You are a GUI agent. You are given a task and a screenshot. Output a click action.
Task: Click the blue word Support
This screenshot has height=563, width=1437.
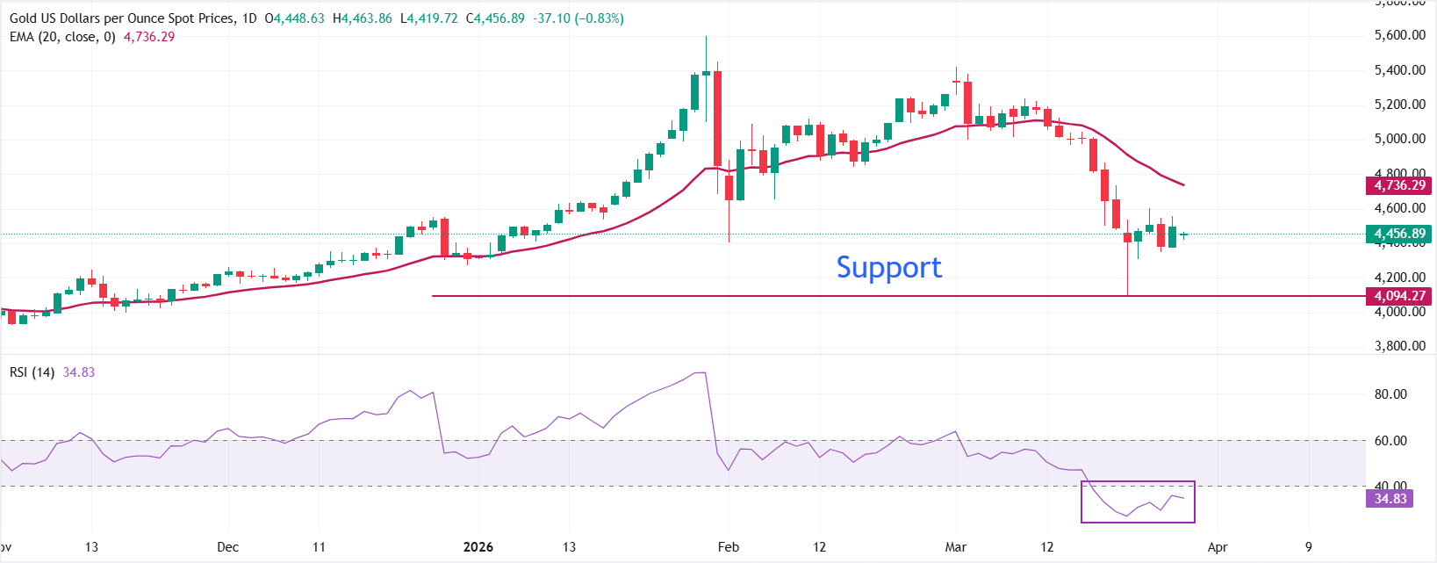[x=888, y=267]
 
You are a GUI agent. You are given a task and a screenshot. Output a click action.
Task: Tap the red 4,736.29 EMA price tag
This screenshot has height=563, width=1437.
[x=1399, y=185]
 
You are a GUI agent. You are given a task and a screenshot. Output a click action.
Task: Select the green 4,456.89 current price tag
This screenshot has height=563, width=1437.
[x=1399, y=234]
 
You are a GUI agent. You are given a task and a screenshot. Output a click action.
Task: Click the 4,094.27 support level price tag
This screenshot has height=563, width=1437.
[x=1399, y=296]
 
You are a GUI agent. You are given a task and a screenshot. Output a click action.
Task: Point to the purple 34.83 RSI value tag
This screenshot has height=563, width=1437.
[x=1390, y=499]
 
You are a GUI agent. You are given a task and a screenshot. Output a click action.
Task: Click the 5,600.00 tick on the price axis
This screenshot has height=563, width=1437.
[x=1399, y=35]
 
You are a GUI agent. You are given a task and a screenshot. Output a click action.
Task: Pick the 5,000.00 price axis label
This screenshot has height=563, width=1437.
[x=1399, y=139]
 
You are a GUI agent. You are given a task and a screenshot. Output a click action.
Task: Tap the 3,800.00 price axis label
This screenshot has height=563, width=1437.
[x=1399, y=346]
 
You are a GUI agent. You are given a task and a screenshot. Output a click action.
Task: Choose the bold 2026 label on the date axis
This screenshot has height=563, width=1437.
[x=478, y=547]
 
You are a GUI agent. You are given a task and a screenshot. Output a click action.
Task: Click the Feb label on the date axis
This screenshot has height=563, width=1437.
[x=729, y=547]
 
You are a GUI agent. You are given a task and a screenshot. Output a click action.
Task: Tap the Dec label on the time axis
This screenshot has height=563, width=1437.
[x=227, y=547]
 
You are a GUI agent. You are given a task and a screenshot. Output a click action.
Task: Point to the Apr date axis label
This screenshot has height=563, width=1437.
[x=1218, y=547]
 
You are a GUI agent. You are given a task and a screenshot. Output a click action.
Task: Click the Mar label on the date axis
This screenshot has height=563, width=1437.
[x=956, y=547]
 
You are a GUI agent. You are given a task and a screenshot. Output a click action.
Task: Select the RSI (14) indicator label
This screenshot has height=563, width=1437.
[x=32, y=372]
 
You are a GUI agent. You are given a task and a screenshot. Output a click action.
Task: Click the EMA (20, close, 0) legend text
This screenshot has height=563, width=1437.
[x=62, y=37]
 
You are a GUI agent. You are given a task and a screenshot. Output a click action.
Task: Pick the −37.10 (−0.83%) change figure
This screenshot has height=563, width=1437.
[x=577, y=18]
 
